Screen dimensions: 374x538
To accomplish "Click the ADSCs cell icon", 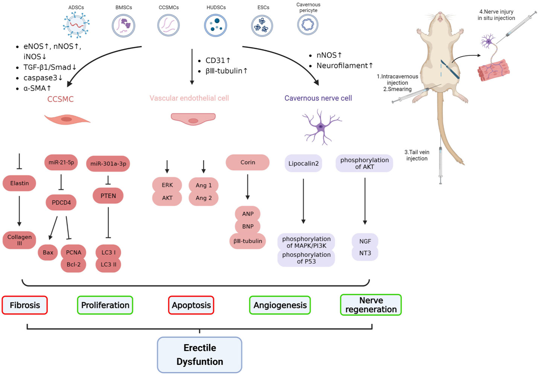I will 76,25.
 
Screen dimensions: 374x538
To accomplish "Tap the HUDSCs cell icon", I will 215,25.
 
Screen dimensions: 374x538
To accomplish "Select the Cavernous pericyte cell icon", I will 308,25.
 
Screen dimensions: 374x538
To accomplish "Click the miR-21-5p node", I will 61,163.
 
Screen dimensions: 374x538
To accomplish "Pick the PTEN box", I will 108,196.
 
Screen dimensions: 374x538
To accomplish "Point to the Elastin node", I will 20,183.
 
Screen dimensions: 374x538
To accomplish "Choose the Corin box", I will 247,162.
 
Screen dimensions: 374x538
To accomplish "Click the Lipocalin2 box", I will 303,163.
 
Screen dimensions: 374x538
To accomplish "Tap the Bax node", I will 48,252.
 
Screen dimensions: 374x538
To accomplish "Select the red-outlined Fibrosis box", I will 25,305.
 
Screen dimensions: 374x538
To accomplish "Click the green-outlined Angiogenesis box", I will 280,305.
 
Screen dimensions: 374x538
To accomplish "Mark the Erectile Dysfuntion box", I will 200,354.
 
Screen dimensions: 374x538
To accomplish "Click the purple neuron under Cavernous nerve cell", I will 321,127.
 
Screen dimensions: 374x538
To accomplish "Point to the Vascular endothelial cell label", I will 189,98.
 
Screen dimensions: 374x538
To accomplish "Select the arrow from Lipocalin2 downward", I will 303,202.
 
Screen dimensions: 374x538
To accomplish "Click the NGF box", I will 365,241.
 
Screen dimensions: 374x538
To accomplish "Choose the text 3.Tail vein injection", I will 417,155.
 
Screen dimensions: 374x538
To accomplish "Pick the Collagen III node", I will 20,240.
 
